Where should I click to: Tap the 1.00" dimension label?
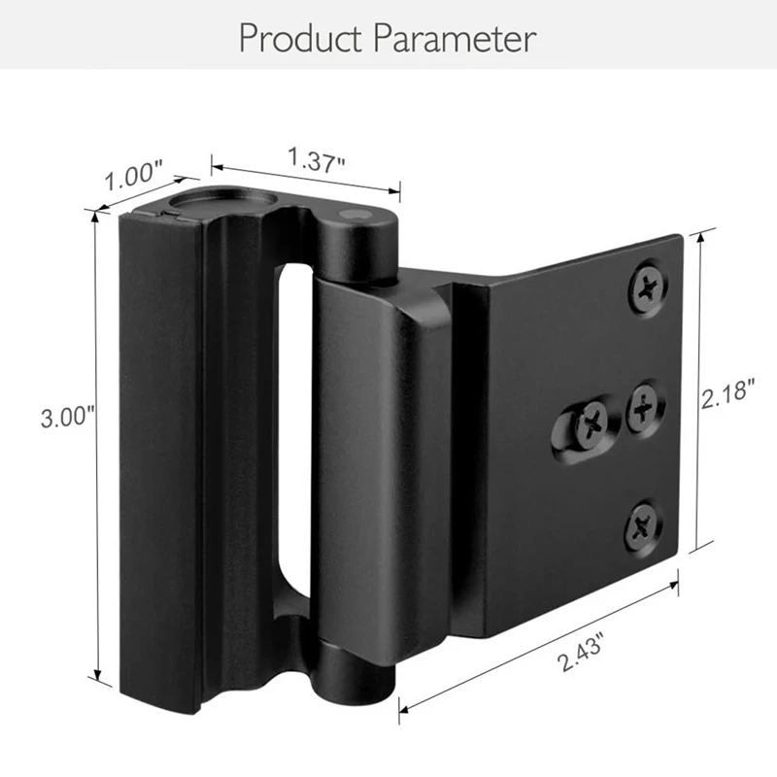133,176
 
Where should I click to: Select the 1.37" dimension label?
316,158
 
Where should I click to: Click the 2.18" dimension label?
728,394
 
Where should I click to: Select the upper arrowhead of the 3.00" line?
95,216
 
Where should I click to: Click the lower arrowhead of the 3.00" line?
96,678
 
